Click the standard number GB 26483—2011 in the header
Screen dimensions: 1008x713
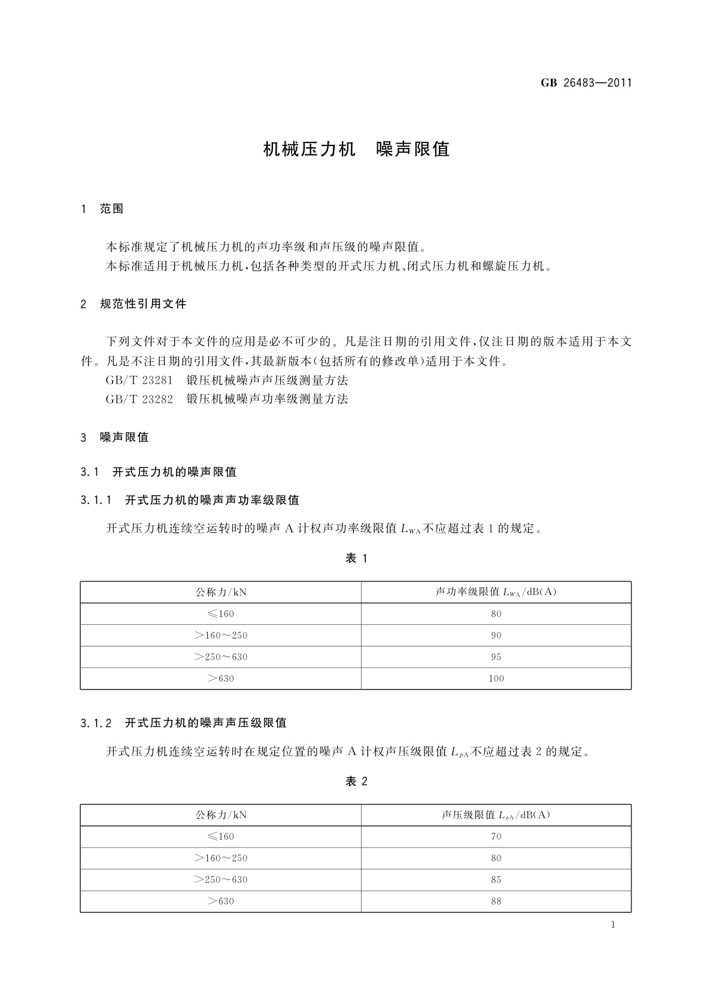coord(586,83)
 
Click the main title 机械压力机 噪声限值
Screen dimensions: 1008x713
coord(356,149)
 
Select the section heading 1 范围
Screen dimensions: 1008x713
coord(102,209)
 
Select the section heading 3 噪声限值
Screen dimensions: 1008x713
coord(115,437)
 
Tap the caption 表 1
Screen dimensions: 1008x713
coord(356,558)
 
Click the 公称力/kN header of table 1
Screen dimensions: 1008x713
coord(221,592)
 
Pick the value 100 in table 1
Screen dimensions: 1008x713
coord(496,679)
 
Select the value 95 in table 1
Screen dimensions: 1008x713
coord(496,657)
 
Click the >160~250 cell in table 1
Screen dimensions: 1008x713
coord(221,636)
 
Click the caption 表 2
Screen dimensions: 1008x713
coord(356,781)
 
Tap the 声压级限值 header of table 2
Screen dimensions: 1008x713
coord(496,815)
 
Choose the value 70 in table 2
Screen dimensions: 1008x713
coord(496,837)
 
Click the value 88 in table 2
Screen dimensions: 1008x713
coord(496,901)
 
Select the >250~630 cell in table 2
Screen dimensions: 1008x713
coord(221,880)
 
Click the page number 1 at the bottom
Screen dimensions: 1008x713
coord(613,925)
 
